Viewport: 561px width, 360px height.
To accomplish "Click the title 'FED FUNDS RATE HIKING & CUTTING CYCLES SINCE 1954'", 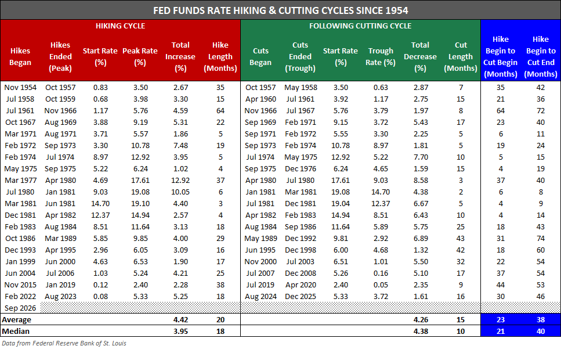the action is [281, 10].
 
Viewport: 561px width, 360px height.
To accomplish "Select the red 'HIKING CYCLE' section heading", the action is [120, 26].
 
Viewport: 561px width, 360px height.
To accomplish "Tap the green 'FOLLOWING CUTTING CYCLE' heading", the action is [360, 26].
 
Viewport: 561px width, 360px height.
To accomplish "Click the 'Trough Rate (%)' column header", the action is [381, 56].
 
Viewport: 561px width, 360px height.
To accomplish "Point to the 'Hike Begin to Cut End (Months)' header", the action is [541, 56].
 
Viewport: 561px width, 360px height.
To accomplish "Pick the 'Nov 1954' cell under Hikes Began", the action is [20, 88].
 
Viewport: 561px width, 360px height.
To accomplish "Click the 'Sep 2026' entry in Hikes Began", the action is [20, 308].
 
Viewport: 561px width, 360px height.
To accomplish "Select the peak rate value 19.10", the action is [140, 203].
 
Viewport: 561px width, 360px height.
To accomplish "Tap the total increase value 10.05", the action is [180, 192].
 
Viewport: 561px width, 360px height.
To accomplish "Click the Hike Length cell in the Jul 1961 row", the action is [220, 111].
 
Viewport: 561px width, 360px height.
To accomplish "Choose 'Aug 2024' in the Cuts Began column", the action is [260, 297].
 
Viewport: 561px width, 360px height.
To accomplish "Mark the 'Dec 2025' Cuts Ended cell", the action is [301, 297].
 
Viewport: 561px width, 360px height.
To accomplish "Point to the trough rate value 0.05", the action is [381, 285].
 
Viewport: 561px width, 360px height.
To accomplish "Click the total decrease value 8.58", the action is [421, 180].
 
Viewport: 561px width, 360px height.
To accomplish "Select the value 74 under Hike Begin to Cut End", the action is [541, 238].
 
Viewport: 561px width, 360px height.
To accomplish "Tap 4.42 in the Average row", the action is [180, 319].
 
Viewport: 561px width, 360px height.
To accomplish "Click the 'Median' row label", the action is [16, 331].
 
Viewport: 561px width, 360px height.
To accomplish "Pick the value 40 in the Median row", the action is [541, 331].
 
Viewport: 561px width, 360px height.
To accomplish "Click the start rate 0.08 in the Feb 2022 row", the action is [100, 297].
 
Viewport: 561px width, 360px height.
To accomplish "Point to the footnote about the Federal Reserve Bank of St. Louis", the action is [64, 343].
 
